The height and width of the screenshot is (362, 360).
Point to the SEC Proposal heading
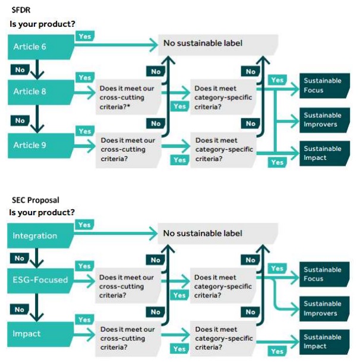(x=34, y=200)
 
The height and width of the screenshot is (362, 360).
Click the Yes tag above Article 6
(x=85, y=36)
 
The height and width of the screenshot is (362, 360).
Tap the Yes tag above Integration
(x=85, y=225)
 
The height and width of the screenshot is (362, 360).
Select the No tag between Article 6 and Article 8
(x=20, y=70)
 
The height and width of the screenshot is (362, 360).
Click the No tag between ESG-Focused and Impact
(x=20, y=309)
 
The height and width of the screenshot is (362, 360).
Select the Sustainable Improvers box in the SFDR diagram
(x=323, y=119)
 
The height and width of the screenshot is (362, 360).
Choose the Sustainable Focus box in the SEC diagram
(x=323, y=274)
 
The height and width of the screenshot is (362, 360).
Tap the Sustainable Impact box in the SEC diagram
(x=323, y=341)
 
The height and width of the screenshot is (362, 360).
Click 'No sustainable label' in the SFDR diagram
(x=203, y=43)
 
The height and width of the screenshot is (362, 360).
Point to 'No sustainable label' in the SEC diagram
(x=203, y=233)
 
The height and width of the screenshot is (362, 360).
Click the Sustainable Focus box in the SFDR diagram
(x=323, y=85)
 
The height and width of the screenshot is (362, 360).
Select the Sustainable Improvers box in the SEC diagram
(x=323, y=308)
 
